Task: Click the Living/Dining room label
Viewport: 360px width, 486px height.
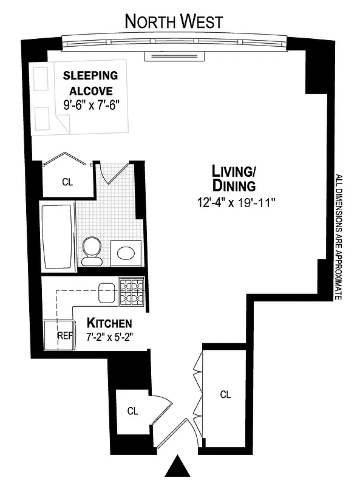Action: [234, 177]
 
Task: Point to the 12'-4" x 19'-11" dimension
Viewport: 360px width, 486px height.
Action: [236, 203]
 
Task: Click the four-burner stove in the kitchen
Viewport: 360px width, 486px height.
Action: [132, 291]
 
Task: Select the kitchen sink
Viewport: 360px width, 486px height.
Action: [108, 293]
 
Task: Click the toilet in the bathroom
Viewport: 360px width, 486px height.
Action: [92, 250]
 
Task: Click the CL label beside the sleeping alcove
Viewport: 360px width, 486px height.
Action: [67, 182]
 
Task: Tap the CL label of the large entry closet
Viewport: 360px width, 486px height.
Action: [225, 394]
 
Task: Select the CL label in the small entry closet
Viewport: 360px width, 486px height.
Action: [132, 411]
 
